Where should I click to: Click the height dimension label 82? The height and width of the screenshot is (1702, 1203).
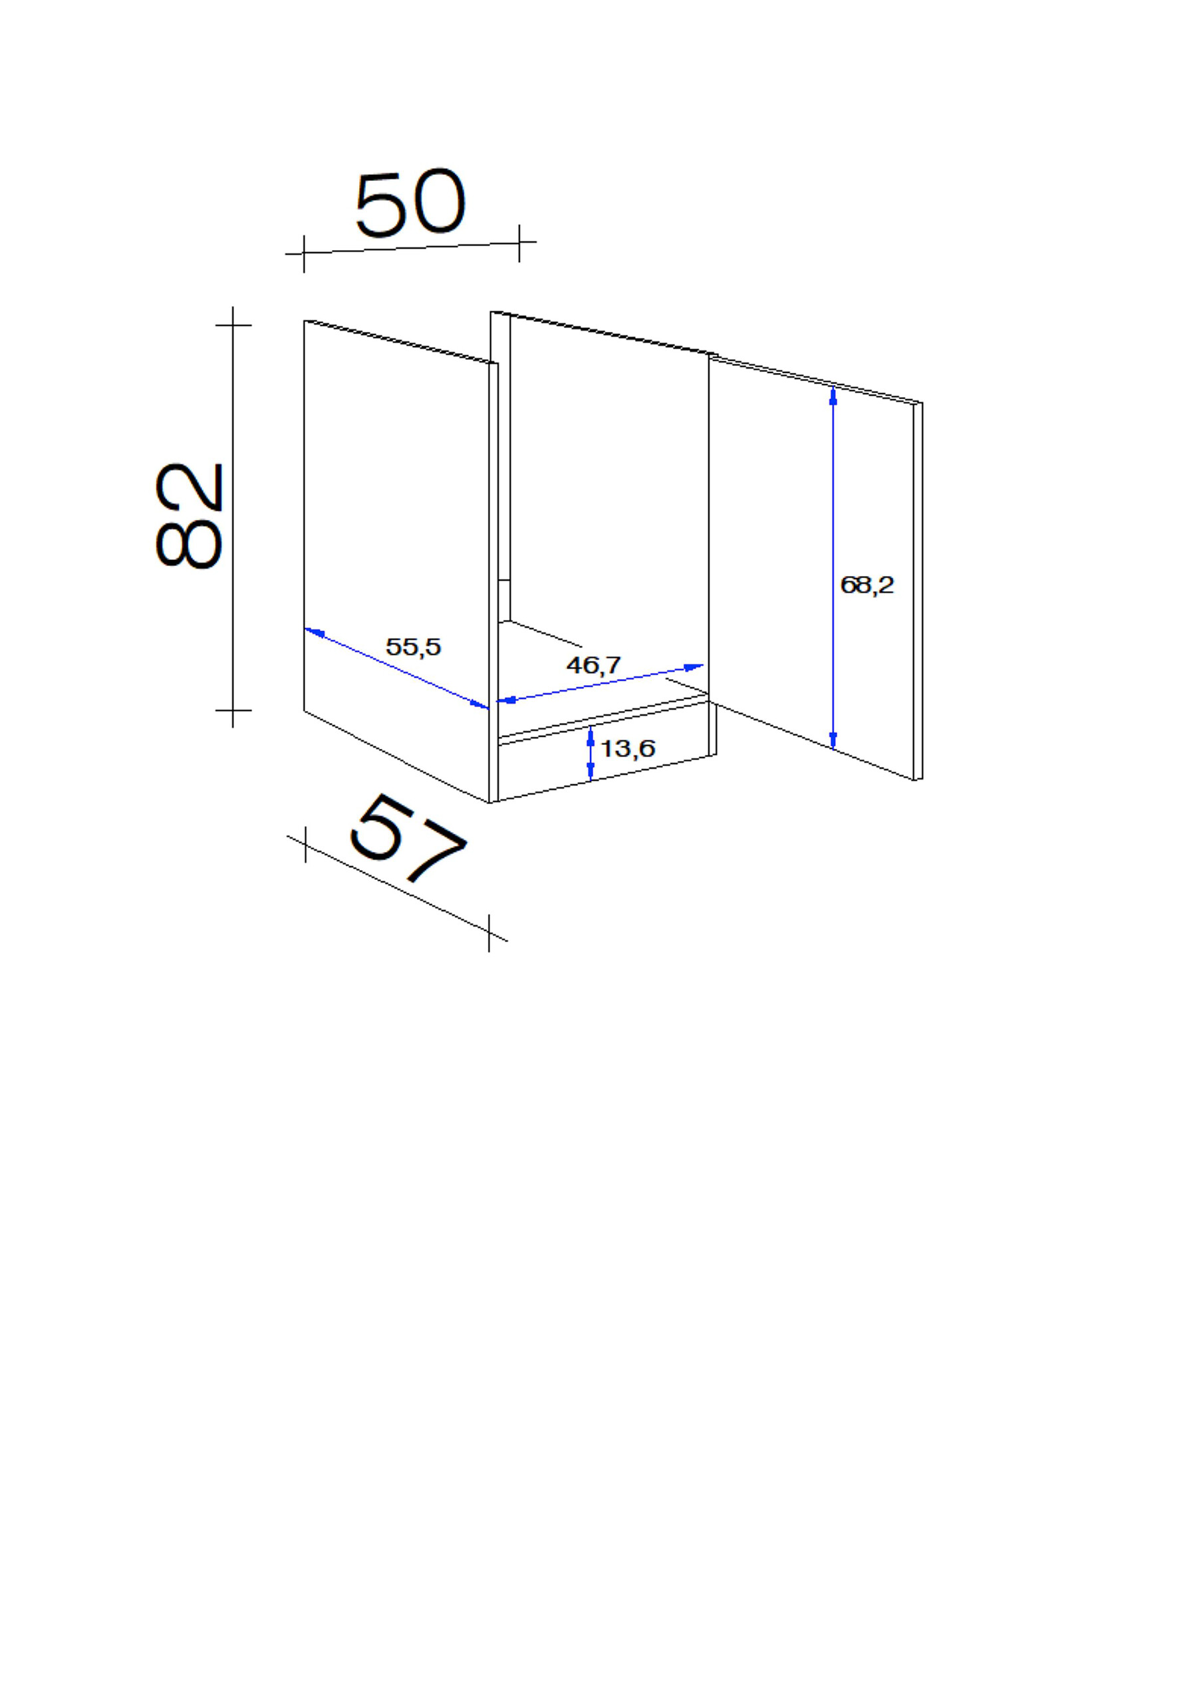click(190, 516)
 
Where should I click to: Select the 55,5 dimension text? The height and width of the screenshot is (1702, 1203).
click(413, 647)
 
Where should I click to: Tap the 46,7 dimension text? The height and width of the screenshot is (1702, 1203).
click(593, 665)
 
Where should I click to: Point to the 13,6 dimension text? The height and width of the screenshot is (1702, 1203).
click(627, 749)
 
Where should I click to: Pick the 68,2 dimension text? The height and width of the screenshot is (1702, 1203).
click(867, 585)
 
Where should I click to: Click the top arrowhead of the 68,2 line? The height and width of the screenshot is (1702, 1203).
click(833, 396)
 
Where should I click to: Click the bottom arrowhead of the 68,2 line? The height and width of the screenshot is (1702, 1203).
click(833, 739)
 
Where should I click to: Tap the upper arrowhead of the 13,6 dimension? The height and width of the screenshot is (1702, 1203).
click(590, 736)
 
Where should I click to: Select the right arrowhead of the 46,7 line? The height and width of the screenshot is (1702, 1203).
click(694, 666)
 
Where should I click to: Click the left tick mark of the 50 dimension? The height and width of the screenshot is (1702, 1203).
click(304, 253)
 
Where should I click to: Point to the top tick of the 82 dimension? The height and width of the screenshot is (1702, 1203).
click(233, 325)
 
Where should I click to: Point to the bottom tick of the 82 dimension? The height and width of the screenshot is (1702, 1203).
click(233, 710)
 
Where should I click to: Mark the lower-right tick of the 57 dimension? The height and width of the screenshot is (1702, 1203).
click(489, 932)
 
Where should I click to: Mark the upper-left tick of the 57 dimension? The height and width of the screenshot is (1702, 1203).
click(305, 845)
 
